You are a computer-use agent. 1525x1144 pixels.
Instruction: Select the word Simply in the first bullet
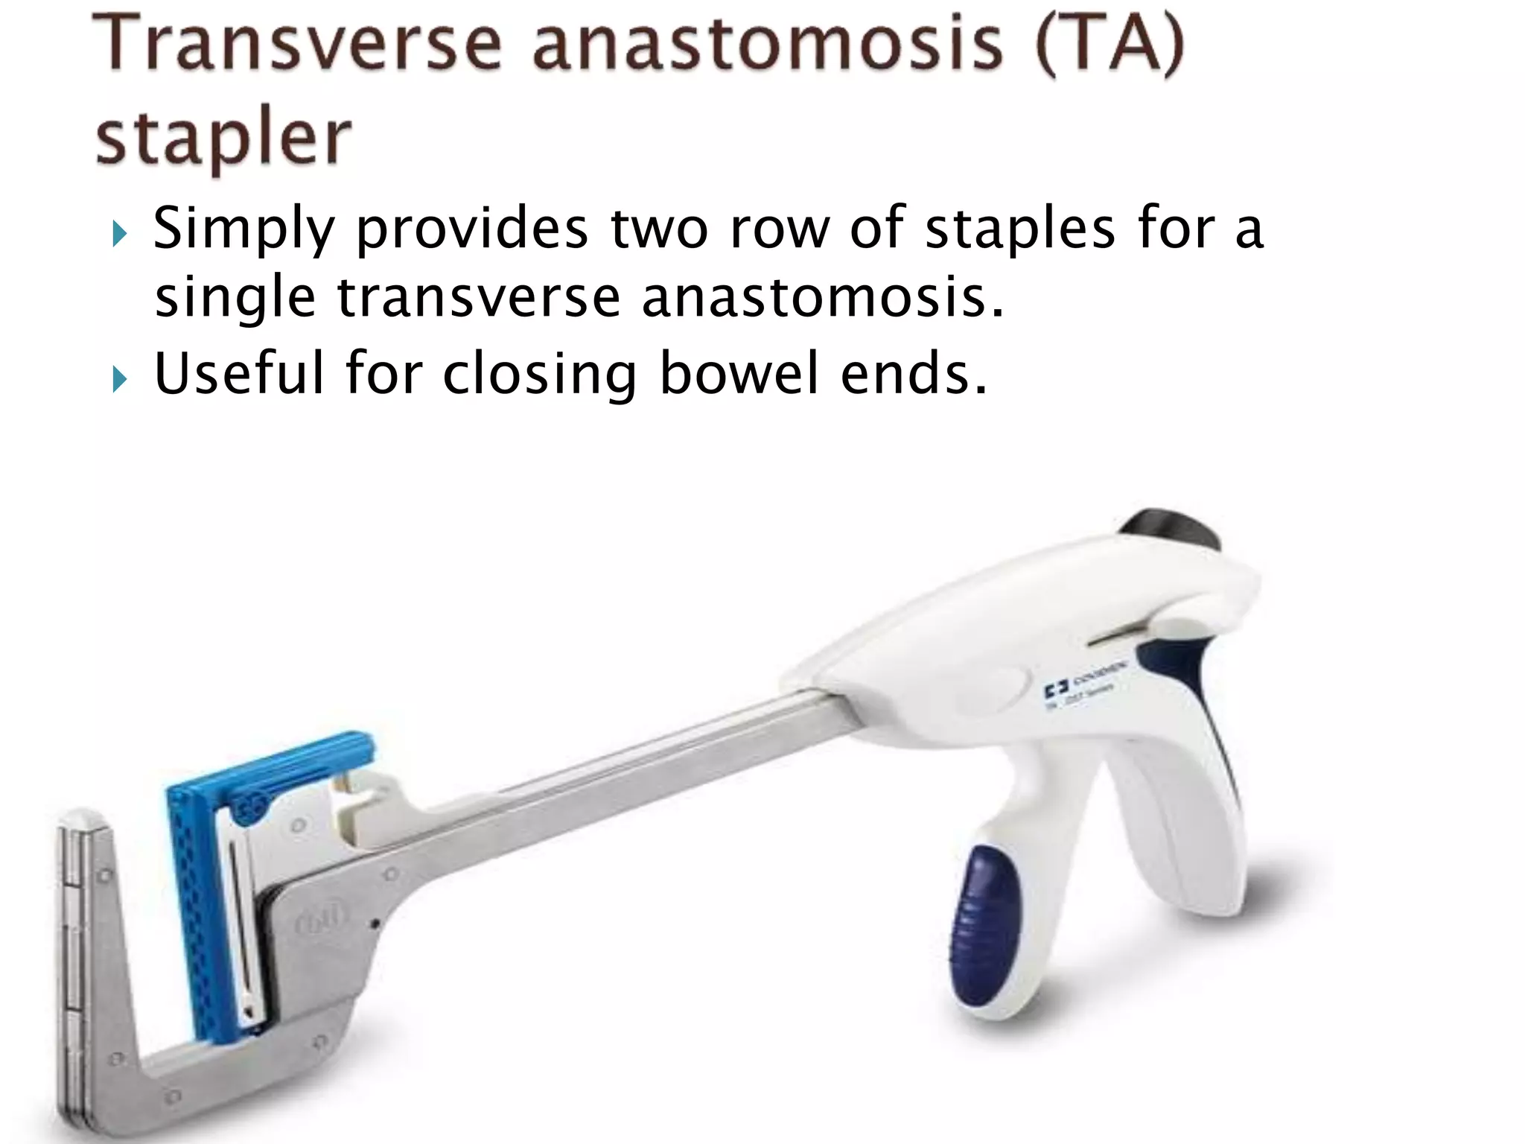point(243,229)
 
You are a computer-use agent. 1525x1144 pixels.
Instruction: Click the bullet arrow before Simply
point(120,237)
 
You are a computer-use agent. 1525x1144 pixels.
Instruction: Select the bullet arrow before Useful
point(120,381)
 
